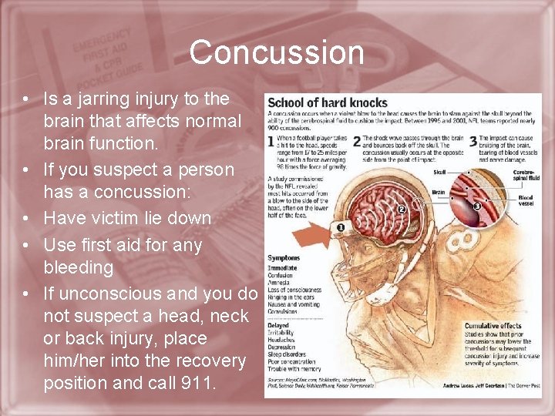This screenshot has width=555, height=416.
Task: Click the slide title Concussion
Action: point(277,52)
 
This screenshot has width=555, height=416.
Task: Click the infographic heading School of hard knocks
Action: point(328,103)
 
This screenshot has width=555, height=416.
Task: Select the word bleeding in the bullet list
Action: point(79,267)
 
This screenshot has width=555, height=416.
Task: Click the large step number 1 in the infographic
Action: point(271,142)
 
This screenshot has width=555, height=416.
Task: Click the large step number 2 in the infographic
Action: point(357,142)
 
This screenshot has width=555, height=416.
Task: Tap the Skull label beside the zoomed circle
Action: point(439,173)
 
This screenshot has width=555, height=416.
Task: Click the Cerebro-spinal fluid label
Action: point(527,176)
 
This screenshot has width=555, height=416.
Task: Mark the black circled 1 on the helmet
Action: point(340,227)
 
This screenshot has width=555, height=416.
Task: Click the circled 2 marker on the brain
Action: point(402,208)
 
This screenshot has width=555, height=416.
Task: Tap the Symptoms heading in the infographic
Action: point(284,258)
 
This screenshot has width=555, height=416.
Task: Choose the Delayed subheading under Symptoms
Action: point(278,325)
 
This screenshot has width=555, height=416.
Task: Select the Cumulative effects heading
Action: point(493,326)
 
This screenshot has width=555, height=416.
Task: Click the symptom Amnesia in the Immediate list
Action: point(280,283)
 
